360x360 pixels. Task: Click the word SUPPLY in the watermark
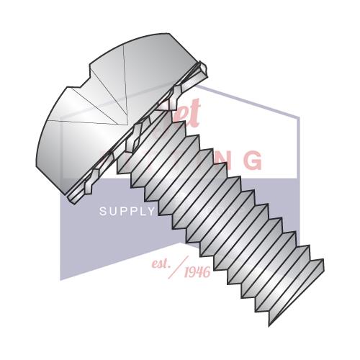(127, 212)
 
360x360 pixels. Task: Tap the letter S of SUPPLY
(102, 212)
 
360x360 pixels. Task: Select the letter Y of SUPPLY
(151, 212)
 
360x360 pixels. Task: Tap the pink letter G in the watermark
(251, 161)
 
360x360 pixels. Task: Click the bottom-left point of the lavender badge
(60, 279)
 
